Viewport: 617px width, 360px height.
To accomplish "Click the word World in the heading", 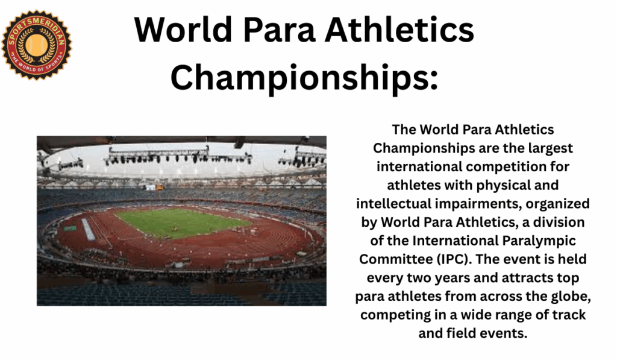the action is [x=183, y=30].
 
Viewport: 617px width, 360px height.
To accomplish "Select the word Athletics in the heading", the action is [x=399, y=30].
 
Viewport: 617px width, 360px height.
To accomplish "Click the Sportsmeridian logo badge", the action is [x=37, y=45].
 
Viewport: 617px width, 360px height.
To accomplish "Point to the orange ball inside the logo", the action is [x=37, y=45].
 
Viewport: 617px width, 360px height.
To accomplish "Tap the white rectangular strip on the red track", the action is [x=88, y=229].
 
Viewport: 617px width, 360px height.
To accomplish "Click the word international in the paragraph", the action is [x=419, y=166].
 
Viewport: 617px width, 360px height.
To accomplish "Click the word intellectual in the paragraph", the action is [x=393, y=204].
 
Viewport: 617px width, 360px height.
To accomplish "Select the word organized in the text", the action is [x=557, y=204].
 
